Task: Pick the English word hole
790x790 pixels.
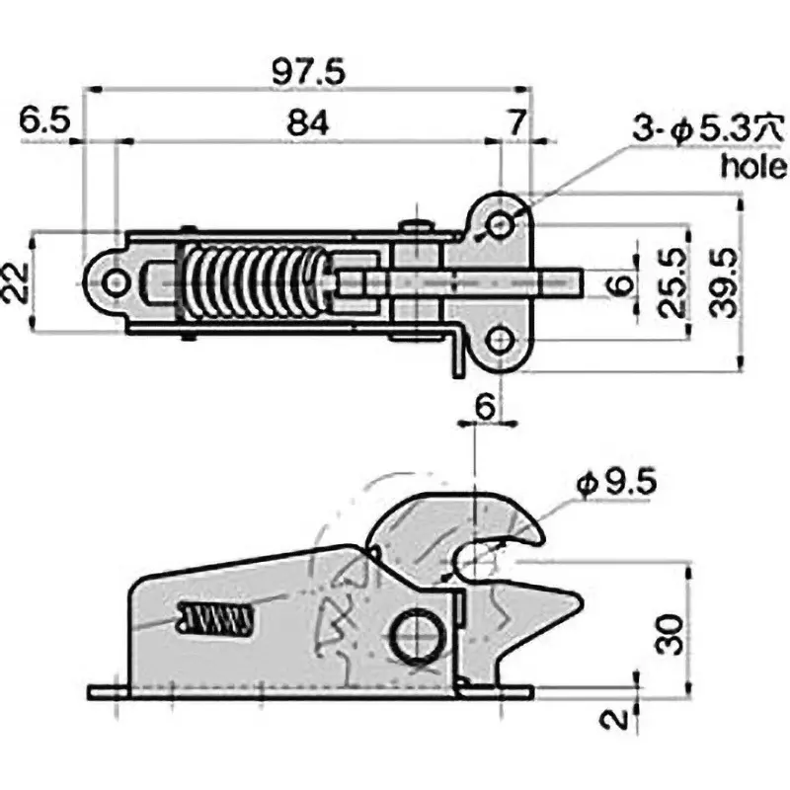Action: coord(752,165)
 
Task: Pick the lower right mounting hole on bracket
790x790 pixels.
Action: coord(501,342)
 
